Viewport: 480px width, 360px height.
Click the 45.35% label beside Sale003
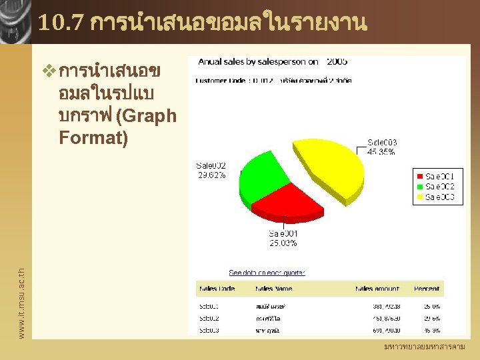click(x=382, y=152)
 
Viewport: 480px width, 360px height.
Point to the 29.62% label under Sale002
click(x=211, y=175)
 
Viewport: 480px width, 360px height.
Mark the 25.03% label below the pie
click(x=283, y=243)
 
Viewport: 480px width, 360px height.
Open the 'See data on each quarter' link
click(x=267, y=273)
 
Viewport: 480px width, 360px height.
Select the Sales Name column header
click(x=273, y=289)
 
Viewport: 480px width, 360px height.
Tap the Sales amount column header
click(x=377, y=289)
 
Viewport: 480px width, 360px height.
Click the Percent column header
click(x=427, y=289)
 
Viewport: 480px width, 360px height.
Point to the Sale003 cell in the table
click(x=209, y=330)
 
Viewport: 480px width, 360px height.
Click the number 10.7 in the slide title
click(x=61, y=23)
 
